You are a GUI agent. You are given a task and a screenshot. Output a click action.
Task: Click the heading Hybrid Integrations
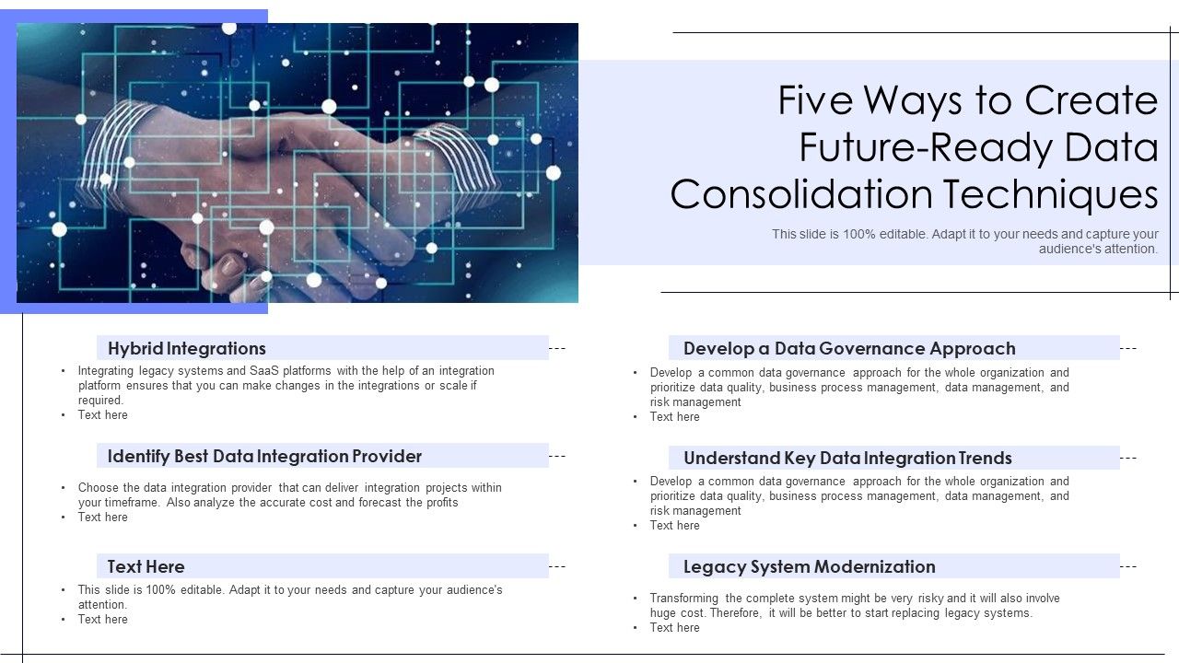[186, 348]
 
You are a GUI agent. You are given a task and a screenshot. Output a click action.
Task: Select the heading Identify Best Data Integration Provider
[264, 456]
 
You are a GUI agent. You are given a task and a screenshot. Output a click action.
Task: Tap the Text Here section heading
[146, 566]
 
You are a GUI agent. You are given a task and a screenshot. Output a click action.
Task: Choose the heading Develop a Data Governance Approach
[849, 348]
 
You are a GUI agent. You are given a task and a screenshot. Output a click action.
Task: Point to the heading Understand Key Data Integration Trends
[847, 458]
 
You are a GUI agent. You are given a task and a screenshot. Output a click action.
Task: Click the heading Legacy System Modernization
[809, 566]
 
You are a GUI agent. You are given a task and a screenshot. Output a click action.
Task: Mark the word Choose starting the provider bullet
[99, 487]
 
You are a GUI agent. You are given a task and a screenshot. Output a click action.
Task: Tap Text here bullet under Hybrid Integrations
[103, 414]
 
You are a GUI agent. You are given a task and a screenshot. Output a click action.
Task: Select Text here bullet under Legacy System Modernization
[675, 627]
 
